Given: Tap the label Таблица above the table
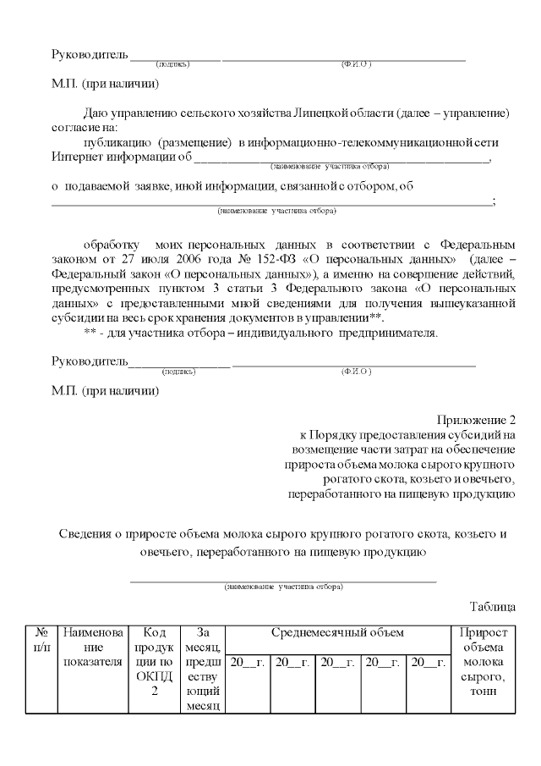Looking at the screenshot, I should click(492, 606).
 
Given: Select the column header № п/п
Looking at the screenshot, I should click(41, 640).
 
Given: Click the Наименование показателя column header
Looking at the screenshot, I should click(92, 647).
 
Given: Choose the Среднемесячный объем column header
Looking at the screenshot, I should click(337, 632).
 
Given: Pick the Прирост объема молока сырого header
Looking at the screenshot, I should click(483, 661).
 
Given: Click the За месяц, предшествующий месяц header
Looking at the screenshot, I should click(203, 668).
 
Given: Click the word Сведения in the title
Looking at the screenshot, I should click(87, 534).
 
